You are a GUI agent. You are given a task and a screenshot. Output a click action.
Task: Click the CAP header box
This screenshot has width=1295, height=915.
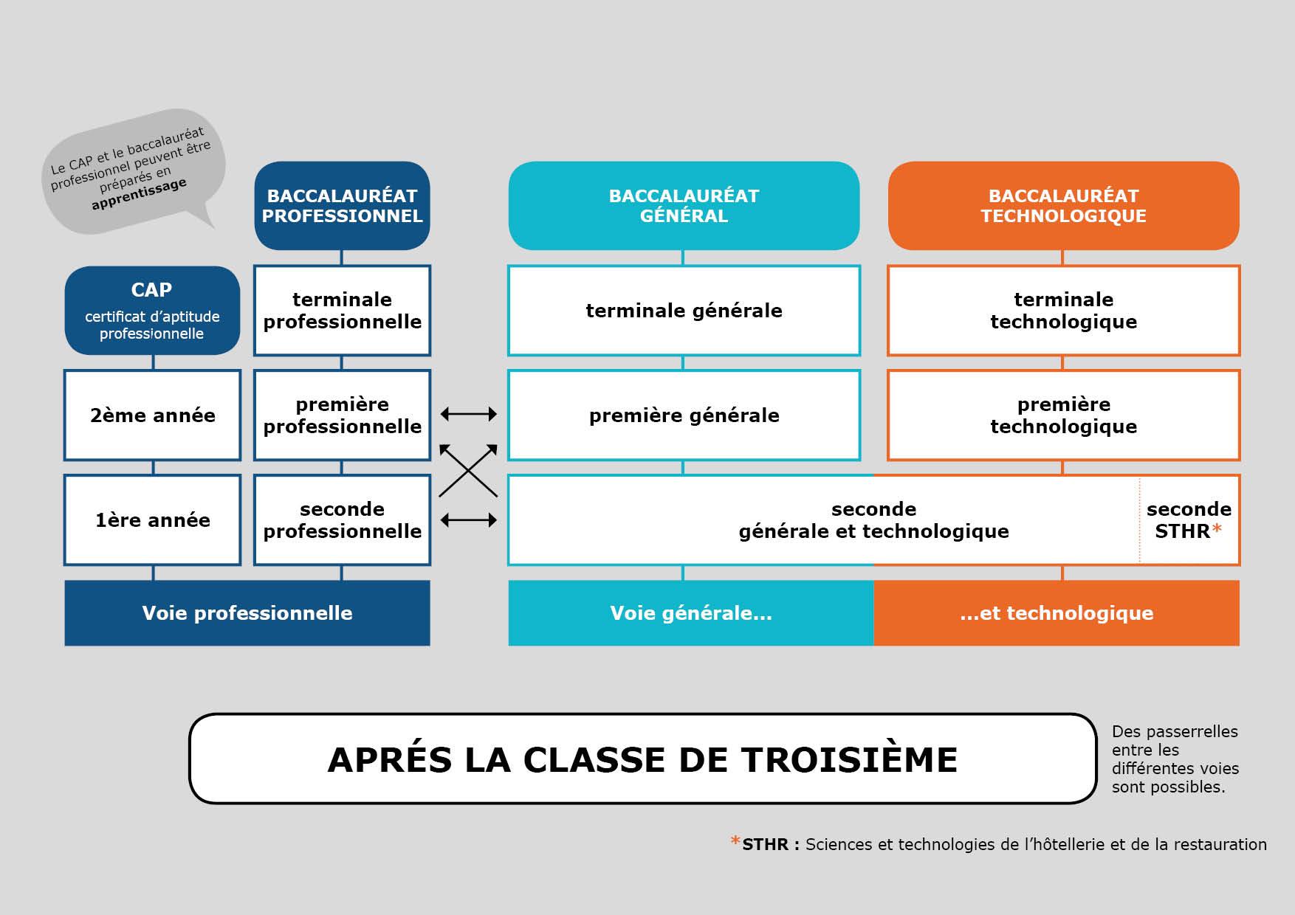click(x=152, y=310)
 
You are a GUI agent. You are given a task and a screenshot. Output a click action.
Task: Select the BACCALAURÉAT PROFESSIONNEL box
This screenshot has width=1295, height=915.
click(x=342, y=206)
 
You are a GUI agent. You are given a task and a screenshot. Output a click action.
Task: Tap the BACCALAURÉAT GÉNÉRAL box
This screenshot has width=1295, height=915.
click(x=684, y=206)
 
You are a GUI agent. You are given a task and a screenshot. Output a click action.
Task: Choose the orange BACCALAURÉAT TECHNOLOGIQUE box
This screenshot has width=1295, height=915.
click(x=1063, y=206)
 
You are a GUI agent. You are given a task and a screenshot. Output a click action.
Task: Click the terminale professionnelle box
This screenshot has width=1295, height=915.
click(x=342, y=311)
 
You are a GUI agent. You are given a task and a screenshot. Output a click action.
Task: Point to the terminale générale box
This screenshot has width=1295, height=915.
click(x=684, y=311)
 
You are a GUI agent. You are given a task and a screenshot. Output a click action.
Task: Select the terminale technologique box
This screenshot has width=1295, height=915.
click(x=1063, y=311)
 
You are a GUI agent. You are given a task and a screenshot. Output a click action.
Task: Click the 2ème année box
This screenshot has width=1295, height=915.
click(x=152, y=415)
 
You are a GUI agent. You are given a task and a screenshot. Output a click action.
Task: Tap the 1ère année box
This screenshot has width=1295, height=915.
click(x=152, y=520)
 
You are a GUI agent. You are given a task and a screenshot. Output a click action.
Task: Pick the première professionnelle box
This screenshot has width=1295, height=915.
click(x=342, y=415)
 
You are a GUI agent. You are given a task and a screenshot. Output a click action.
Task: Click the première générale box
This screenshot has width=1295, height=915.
click(x=684, y=415)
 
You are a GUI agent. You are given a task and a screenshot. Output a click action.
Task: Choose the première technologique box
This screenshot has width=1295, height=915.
click(x=1063, y=415)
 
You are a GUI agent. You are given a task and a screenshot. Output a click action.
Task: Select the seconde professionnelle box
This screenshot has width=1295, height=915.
click(x=342, y=520)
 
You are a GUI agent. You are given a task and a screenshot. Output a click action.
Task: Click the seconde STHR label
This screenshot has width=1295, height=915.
click(x=1189, y=520)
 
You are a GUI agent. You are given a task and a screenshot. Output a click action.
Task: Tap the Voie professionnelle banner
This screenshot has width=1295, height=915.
click(x=247, y=613)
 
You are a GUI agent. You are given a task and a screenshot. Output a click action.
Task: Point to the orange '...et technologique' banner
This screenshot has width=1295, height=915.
click(x=1057, y=613)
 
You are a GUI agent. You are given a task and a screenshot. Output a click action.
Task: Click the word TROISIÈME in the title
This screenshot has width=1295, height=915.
click(x=849, y=760)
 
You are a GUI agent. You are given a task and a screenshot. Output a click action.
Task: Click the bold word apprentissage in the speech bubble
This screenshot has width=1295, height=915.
click(x=139, y=194)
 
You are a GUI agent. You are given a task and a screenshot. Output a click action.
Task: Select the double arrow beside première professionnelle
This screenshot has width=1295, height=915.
click(x=469, y=415)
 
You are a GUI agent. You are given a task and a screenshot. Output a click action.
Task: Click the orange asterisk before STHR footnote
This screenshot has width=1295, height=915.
click(x=735, y=842)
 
